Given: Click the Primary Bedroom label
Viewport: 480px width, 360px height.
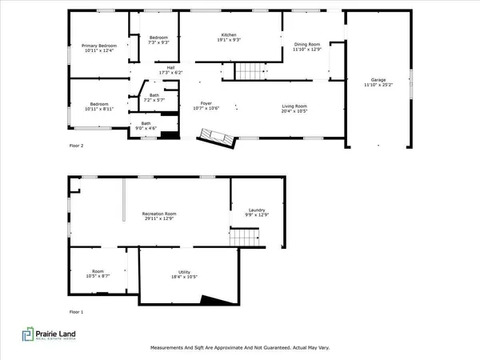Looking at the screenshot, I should (99, 46).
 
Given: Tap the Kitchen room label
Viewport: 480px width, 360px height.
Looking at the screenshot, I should (230, 34).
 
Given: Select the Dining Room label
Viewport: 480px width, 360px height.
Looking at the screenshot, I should (307, 44).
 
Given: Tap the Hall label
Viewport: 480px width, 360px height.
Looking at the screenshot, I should (170, 68).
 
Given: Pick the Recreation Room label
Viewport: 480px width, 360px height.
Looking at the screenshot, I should (159, 214).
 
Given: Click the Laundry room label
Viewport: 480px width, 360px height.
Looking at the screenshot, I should (256, 210).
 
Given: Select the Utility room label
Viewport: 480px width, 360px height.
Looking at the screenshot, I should (184, 272).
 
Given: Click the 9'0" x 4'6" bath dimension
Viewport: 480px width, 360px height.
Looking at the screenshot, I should (146, 128).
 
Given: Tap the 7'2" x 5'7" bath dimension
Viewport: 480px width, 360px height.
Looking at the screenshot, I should (154, 102).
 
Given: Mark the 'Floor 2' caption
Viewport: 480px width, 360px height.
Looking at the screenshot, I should (76, 146).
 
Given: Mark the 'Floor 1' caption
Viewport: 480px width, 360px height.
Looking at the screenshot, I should (76, 310).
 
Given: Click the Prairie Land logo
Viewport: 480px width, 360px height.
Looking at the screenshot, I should (52, 335).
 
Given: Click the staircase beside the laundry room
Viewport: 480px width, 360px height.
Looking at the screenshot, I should (245, 238).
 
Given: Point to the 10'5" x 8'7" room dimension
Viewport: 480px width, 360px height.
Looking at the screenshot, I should (98, 276).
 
